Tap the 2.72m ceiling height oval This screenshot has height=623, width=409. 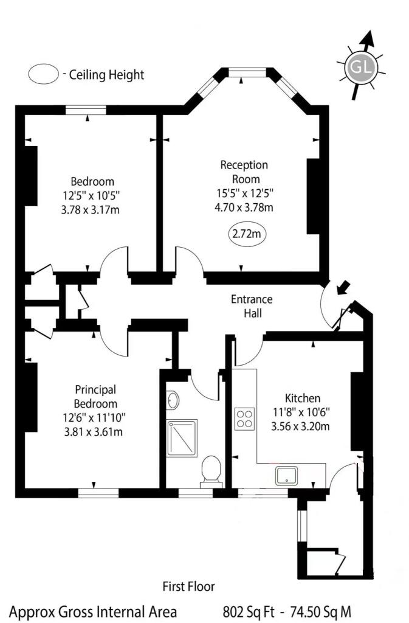[x=247, y=234]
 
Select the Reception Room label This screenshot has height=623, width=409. [x=244, y=172]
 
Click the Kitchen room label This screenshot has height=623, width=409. [x=302, y=398]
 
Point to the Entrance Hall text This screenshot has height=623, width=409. [x=252, y=306]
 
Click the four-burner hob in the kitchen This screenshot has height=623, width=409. [x=244, y=419]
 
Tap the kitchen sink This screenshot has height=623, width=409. [x=286, y=476]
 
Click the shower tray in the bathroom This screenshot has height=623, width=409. [x=182, y=438]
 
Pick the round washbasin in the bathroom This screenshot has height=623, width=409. [x=173, y=400]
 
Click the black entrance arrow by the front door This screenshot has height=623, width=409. [x=343, y=288]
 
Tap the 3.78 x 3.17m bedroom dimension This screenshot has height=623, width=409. [x=90, y=209]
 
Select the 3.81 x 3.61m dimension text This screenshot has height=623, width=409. [x=93, y=431]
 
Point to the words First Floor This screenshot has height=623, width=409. [x=189, y=586]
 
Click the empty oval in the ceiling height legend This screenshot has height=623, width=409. [x=44, y=74]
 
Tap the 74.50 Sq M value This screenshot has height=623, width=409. [x=320, y=611]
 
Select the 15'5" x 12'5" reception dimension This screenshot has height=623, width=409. [x=245, y=193]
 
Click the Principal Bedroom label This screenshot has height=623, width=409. [x=95, y=396]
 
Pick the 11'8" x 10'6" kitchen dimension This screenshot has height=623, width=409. [x=301, y=412]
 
